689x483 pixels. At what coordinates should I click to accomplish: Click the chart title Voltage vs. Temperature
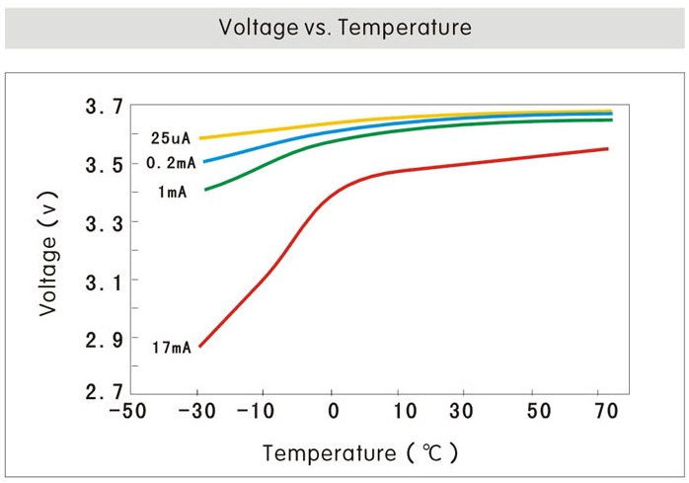[x=344, y=27]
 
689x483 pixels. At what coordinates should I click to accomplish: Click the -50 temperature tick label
[x=130, y=411]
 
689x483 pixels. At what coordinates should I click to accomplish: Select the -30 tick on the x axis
[x=199, y=411]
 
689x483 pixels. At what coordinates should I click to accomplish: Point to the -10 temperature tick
[x=267, y=411]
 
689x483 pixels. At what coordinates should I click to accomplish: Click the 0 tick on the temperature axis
[x=333, y=411]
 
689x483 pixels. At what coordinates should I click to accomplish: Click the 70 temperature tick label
[x=605, y=411]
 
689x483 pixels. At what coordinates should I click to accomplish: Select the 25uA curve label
[x=169, y=138]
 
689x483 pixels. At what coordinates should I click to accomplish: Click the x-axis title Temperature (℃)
[x=359, y=453]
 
